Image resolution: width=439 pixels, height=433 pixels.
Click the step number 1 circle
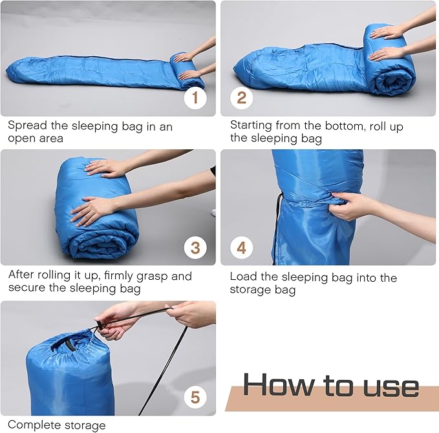(x=195, y=98)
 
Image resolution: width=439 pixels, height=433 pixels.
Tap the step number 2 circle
(x=241, y=98)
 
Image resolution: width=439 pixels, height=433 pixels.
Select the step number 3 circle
(x=195, y=248)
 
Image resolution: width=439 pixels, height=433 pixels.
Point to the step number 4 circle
(x=241, y=248)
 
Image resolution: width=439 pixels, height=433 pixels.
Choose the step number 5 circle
(x=195, y=396)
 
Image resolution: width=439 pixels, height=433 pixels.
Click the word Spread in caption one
(x=27, y=127)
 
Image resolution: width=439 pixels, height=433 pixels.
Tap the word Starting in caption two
(x=252, y=127)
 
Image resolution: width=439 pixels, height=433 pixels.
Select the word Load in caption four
(x=242, y=277)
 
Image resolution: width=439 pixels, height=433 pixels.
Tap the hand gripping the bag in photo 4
(x=349, y=204)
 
